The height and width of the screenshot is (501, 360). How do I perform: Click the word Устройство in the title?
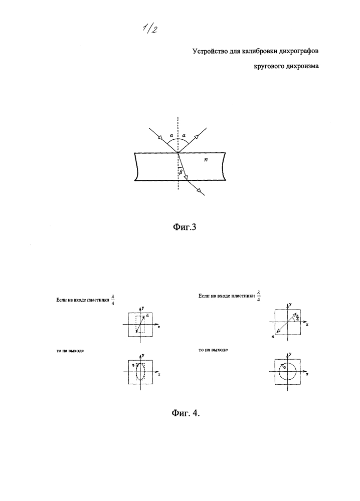pos(209,51)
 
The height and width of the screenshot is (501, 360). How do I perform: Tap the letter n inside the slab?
pos(206,159)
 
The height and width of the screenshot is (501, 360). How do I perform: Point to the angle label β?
pos(181,172)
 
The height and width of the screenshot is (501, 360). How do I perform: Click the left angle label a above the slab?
pos(171,135)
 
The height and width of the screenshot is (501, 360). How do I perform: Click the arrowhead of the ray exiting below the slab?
pos(200,191)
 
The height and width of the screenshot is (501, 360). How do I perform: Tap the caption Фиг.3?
pos(184,227)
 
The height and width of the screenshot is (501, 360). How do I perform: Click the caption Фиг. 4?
pos(186,413)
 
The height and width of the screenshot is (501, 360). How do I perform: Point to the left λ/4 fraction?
pos(112,299)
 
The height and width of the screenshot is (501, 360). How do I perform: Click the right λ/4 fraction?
pos(259,296)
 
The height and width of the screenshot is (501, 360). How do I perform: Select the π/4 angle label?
pos(297,318)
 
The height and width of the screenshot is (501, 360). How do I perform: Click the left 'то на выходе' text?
pos(70,351)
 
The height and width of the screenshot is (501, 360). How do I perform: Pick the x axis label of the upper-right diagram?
pos(307,325)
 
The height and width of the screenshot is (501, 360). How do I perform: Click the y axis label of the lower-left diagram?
pos(143,355)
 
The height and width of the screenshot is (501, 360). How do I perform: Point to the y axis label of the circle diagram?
pos(290,354)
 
